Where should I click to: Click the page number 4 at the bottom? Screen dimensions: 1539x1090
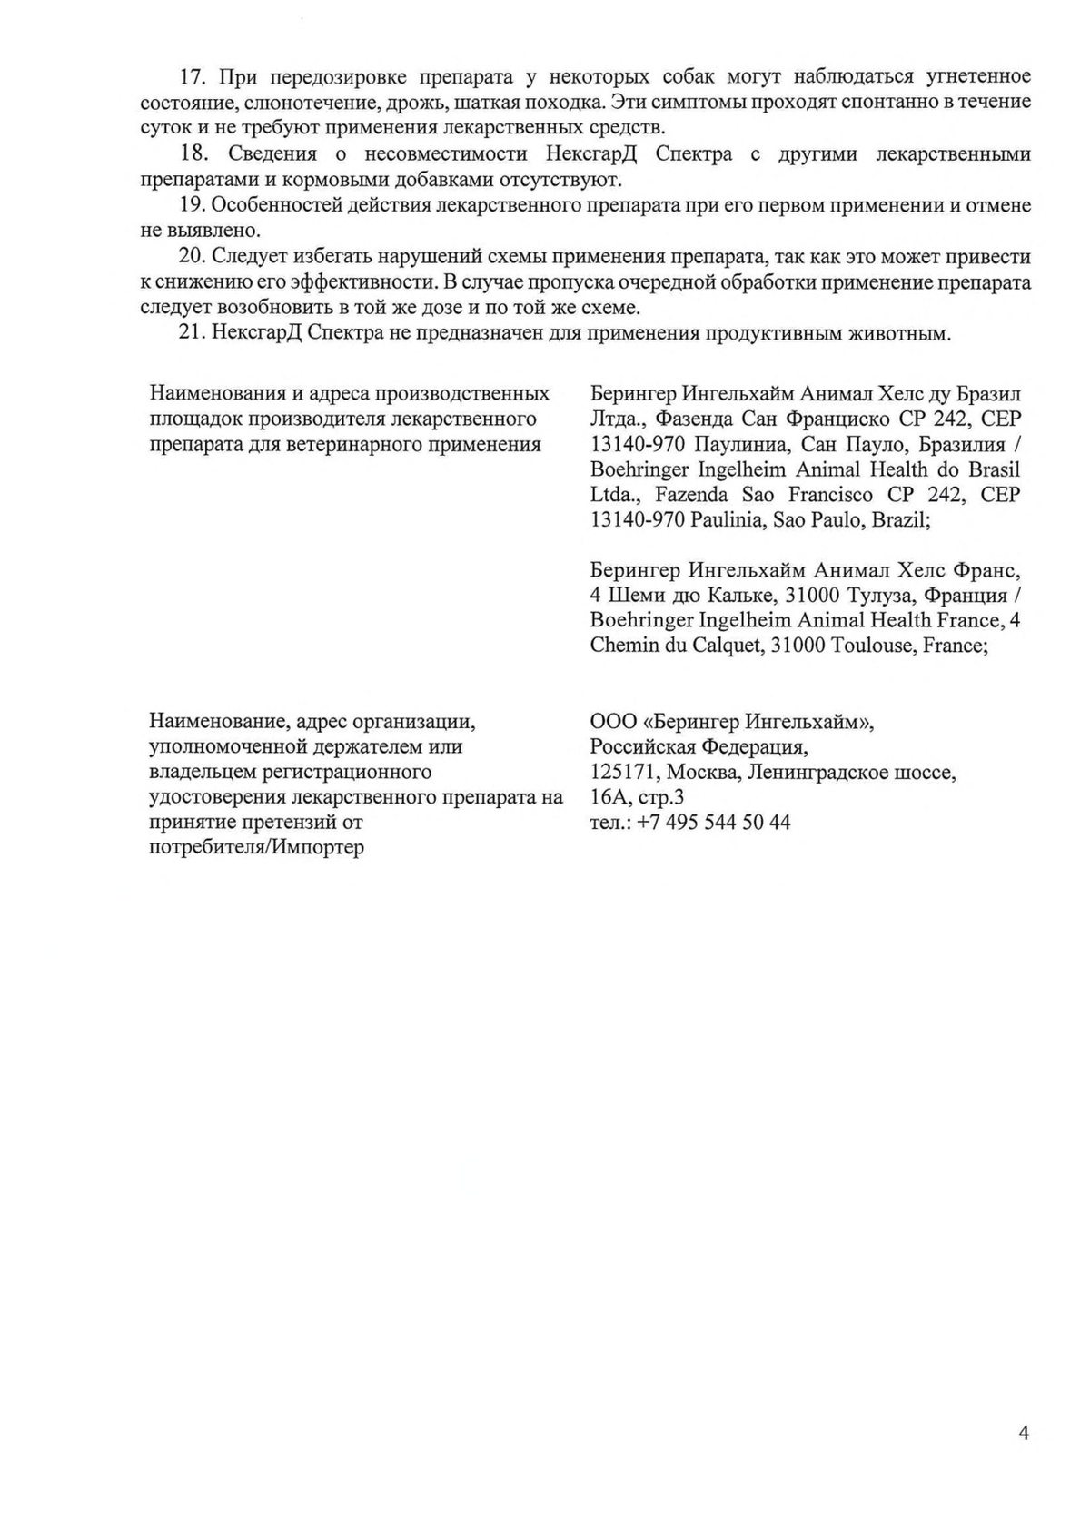pyautogui.click(x=1024, y=1434)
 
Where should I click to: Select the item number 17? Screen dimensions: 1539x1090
pyautogui.click(x=193, y=75)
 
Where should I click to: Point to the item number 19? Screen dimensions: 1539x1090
pyautogui.click(x=193, y=205)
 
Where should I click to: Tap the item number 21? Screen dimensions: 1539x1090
pyautogui.click(x=193, y=333)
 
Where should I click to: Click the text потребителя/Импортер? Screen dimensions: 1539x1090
pyautogui.click(x=256, y=848)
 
